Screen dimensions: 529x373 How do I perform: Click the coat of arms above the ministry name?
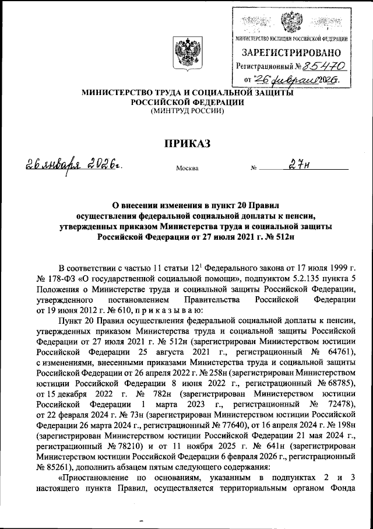(186, 54)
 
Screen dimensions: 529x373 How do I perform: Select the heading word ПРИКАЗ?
(186, 142)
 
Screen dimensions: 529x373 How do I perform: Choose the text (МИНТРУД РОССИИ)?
(186, 110)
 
